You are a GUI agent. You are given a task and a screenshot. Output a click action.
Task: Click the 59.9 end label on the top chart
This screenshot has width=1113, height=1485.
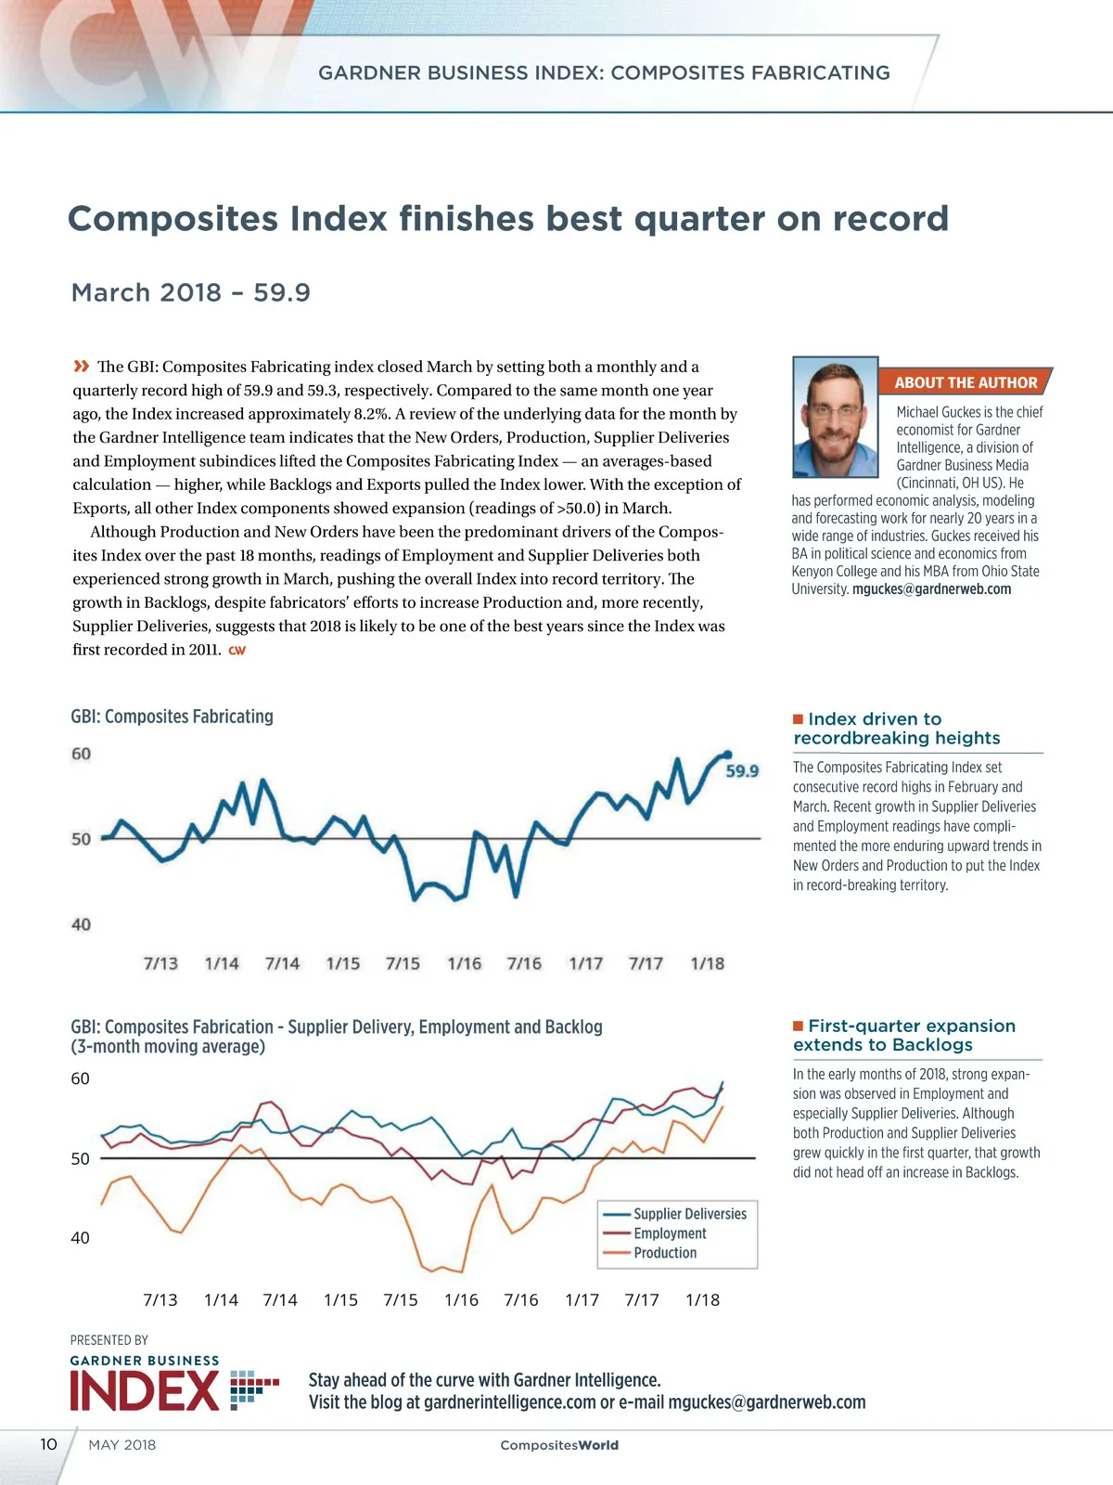tap(742, 770)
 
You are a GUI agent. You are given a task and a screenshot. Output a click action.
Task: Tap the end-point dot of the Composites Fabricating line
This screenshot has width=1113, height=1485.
tap(728, 755)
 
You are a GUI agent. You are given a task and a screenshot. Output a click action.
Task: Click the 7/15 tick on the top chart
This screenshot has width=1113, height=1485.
tap(403, 963)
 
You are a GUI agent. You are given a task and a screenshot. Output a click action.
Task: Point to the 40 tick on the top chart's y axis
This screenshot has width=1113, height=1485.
tap(81, 924)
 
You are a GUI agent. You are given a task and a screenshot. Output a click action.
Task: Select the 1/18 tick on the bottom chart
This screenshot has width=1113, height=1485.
tap(702, 1300)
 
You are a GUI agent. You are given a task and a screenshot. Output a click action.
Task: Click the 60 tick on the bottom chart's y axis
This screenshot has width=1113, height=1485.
tap(81, 1078)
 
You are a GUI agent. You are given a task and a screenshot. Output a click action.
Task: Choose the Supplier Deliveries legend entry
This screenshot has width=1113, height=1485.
tap(689, 1214)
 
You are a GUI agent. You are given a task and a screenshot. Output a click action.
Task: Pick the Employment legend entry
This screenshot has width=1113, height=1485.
tap(670, 1233)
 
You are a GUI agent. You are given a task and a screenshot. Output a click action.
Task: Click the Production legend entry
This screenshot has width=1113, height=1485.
tap(665, 1253)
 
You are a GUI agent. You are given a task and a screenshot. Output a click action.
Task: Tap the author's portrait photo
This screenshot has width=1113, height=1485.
tap(835, 417)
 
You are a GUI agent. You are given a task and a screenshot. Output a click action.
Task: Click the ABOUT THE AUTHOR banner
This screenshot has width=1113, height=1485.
tap(966, 382)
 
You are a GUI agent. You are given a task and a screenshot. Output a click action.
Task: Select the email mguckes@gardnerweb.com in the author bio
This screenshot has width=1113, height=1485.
tap(931, 589)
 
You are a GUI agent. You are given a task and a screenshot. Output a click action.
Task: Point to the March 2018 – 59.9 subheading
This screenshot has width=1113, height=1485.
tap(190, 292)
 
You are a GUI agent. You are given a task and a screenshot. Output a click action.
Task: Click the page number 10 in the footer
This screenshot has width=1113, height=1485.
tap(48, 1444)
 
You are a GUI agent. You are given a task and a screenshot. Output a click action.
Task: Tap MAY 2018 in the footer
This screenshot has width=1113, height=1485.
tap(122, 1445)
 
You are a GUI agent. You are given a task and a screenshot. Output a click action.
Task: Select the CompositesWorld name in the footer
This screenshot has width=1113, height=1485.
tap(559, 1445)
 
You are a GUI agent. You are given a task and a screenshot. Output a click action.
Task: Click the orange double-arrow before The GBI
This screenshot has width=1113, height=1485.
tap(82, 366)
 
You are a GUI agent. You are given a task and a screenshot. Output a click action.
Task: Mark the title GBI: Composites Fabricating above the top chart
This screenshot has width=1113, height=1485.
tap(172, 717)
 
